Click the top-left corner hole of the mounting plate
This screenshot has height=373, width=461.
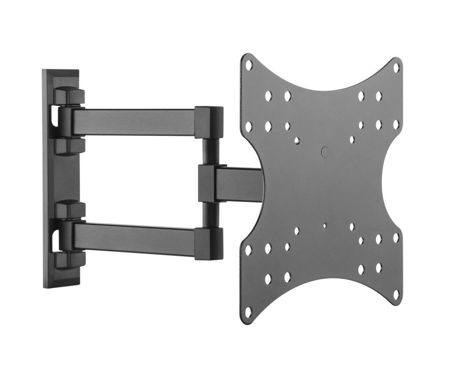(x=249, y=65)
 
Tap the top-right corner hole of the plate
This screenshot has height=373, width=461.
(x=396, y=68)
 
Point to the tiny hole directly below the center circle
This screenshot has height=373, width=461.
(x=324, y=225)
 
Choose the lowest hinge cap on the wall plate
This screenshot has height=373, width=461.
(x=68, y=260)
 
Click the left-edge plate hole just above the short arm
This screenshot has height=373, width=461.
(x=249, y=125)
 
